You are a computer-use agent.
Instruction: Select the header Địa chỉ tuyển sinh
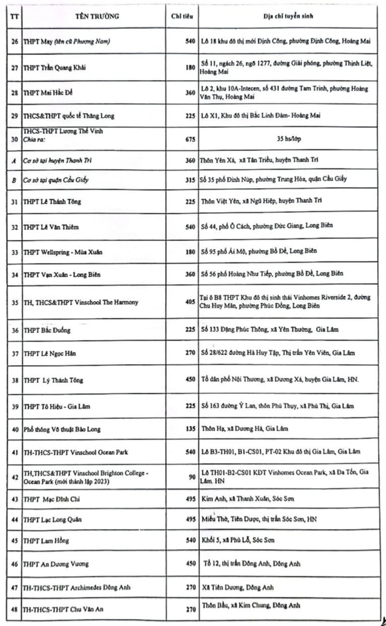click(284, 16)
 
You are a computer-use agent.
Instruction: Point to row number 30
click(14, 139)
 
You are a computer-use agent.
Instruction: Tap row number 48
click(14, 610)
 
